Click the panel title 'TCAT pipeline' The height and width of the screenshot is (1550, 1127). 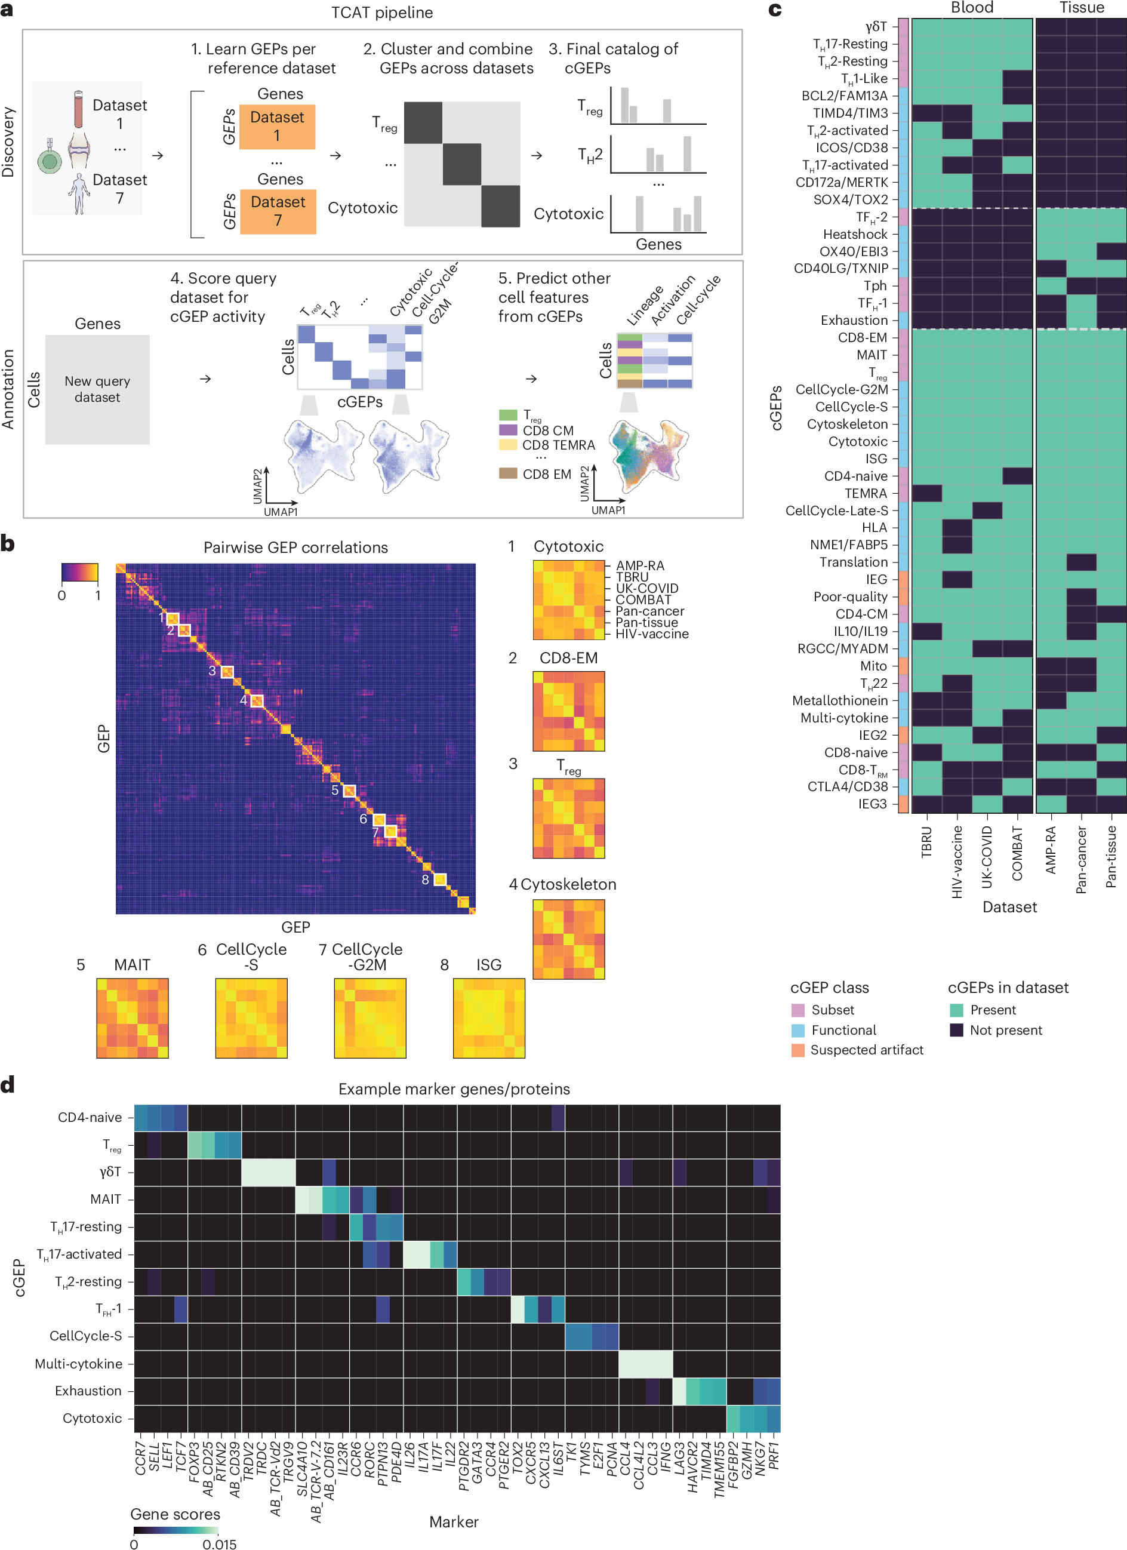[x=381, y=13]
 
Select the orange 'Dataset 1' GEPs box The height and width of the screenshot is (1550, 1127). [x=277, y=127]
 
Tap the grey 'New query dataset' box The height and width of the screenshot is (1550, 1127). [x=97, y=389]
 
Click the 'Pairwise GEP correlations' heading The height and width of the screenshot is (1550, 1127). [x=295, y=548]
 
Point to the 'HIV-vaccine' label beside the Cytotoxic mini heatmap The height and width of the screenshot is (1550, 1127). [x=651, y=634]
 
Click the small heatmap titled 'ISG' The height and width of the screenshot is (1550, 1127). [x=489, y=1017]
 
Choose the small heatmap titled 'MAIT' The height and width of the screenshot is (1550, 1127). [x=132, y=1017]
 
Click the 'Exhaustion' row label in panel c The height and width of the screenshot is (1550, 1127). [x=854, y=321]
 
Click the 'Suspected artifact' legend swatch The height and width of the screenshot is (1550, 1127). [x=797, y=1050]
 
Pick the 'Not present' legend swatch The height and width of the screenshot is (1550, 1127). [x=956, y=1030]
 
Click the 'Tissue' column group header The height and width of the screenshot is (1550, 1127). [x=1081, y=8]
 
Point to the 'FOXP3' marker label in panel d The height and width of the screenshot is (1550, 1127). [x=194, y=1462]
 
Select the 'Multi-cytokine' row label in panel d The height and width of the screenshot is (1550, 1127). [x=79, y=1364]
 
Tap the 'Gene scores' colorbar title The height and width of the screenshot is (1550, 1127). [x=175, y=1514]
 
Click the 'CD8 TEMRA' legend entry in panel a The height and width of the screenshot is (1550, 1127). [x=558, y=445]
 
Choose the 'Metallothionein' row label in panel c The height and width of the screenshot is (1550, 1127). [x=839, y=700]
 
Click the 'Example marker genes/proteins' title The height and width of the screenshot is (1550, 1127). [x=454, y=1088]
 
